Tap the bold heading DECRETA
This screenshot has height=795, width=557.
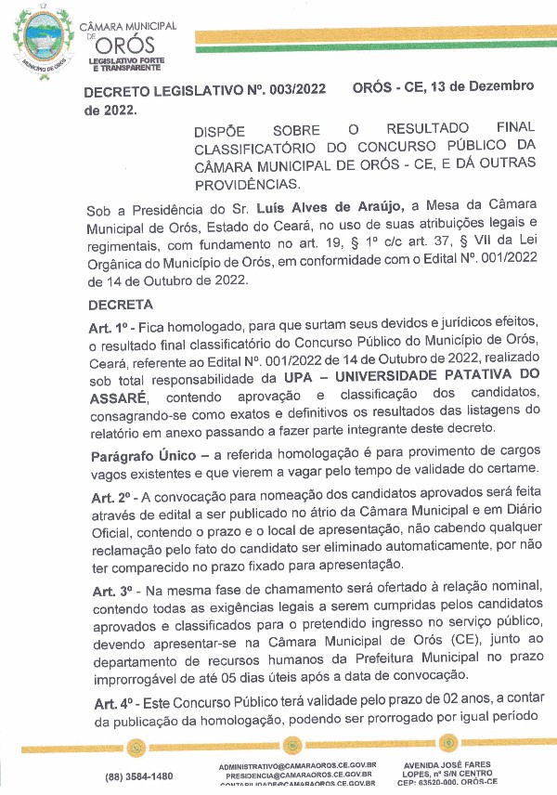click(x=120, y=305)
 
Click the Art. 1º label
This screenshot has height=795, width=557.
click(x=108, y=328)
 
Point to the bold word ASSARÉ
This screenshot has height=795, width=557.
click(x=116, y=396)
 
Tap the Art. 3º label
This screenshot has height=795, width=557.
click(x=108, y=591)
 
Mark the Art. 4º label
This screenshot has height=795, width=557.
click(x=108, y=697)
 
